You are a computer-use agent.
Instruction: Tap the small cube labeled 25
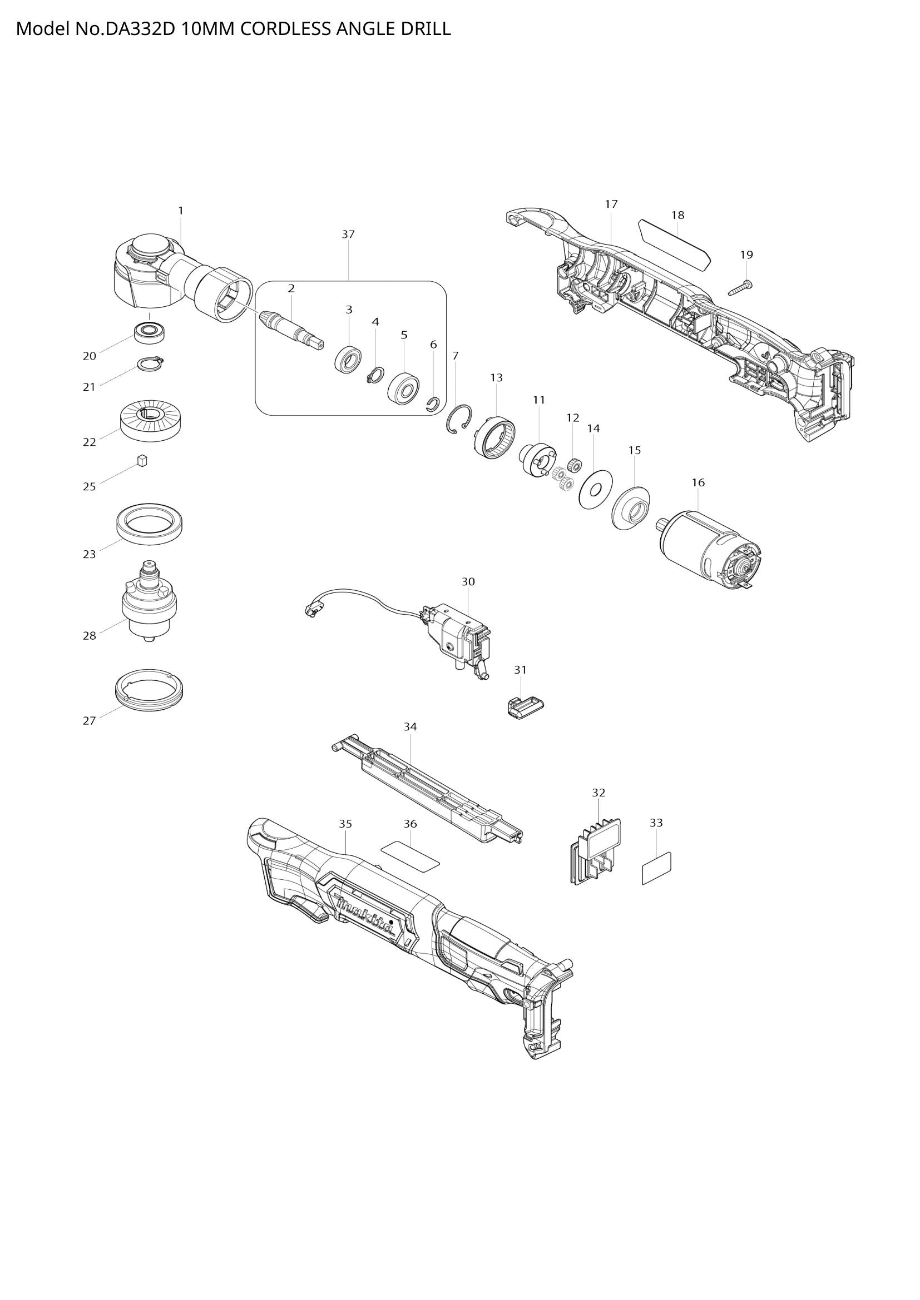click(x=142, y=460)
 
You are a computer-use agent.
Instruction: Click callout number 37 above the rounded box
click(x=348, y=234)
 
